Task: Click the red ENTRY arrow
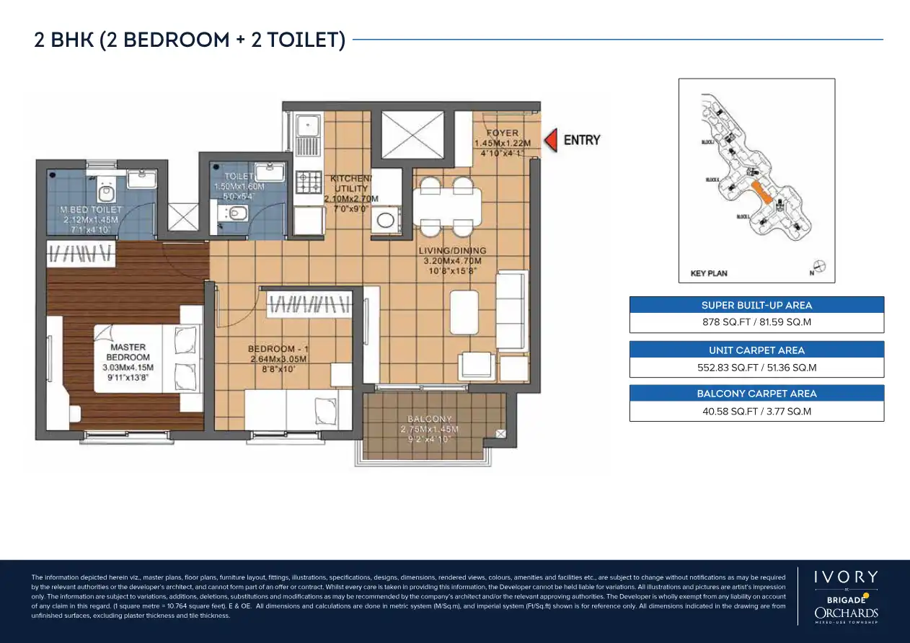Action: [x=551, y=140]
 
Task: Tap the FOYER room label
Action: [x=503, y=133]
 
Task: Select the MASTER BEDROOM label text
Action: [x=129, y=352]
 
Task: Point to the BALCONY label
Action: [x=430, y=419]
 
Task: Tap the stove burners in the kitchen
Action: [x=309, y=182]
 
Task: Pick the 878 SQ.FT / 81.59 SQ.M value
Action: [x=756, y=322]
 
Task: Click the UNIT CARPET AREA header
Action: [x=756, y=350]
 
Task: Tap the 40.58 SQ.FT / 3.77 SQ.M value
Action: [x=756, y=412]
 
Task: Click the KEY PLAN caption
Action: [x=708, y=274]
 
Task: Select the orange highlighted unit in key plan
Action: [x=761, y=192]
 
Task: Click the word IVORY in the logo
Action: [x=847, y=577]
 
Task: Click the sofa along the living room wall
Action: [x=513, y=311]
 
